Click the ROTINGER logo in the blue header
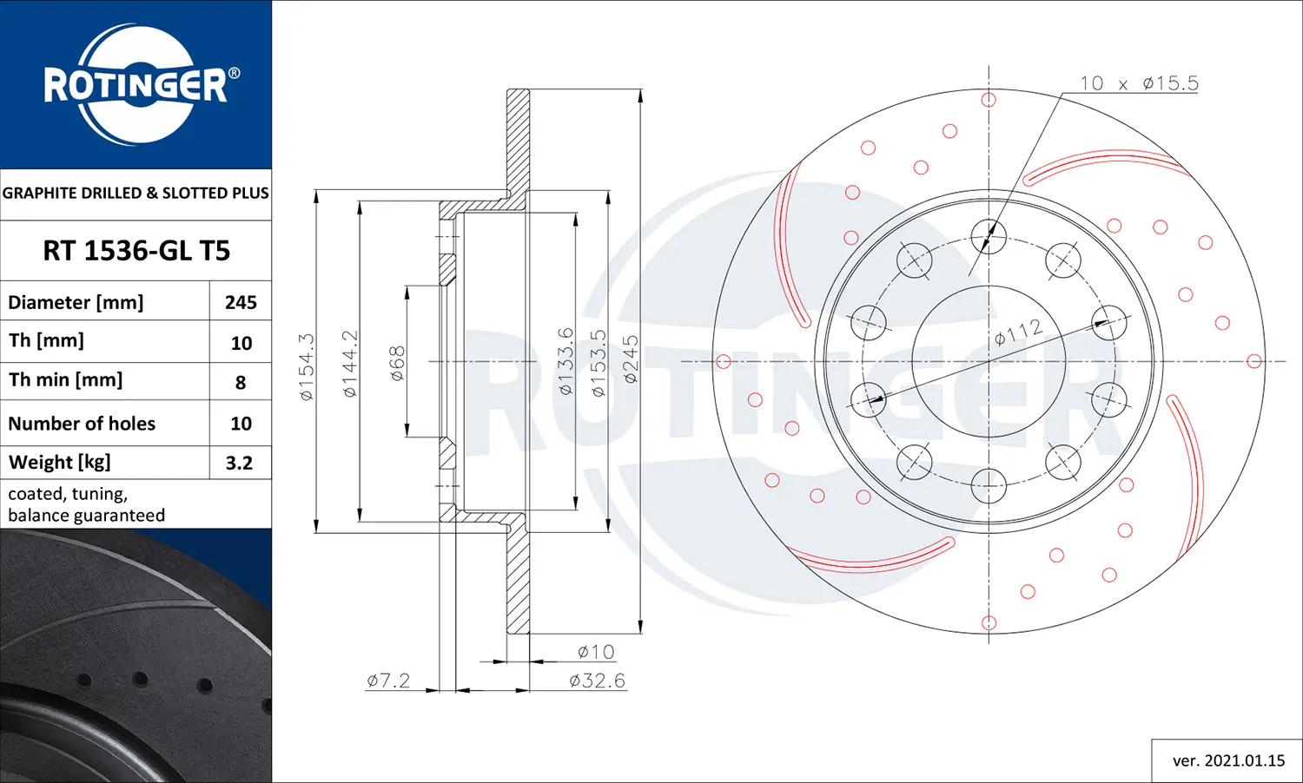(137, 85)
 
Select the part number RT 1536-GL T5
(136, 251)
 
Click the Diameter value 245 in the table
(241, 302)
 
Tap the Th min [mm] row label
(65, 380)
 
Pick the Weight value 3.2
(239, 463)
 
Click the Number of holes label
(82, 424)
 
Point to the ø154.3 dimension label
(307, 366)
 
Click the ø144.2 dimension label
(349, 364)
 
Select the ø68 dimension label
(397, 364)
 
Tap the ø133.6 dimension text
(566, 361)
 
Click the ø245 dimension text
(631, 359)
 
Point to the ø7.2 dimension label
(388, 681)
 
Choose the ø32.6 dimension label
(597, 681)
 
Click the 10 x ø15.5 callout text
(1138, 83)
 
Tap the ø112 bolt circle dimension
(1018, 332)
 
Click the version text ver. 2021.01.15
(1227, 760)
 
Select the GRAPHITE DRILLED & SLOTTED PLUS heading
(136, 193)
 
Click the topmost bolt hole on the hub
(989, 235)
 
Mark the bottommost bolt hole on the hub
(989, 485)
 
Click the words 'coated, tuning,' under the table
(68, 494)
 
